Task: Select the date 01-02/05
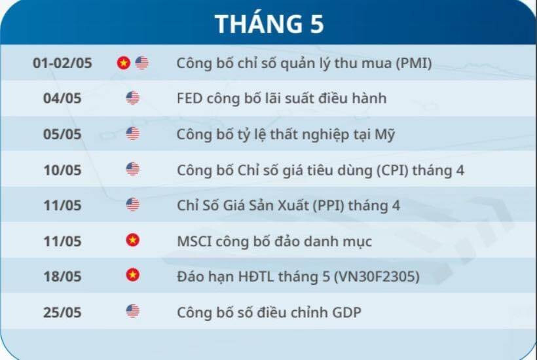(x=62, y=63)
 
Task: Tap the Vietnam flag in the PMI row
(x=123, y=63)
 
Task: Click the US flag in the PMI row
(x=142, y=63)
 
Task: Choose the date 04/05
(x=62, y=98)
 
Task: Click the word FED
(x=189, y=98)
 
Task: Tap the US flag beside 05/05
(x=132, y=134)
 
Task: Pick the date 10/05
(x=62, y=170)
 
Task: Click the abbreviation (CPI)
(x=392, y=170)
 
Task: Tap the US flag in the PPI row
(x=132, y=205)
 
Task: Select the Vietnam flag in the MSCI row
(x=132, y=240)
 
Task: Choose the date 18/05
(x=62, y=276)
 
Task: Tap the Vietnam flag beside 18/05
(x=132, y=275)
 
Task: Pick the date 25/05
(x=62, y=312)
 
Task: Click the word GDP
(x=347, y=312)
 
